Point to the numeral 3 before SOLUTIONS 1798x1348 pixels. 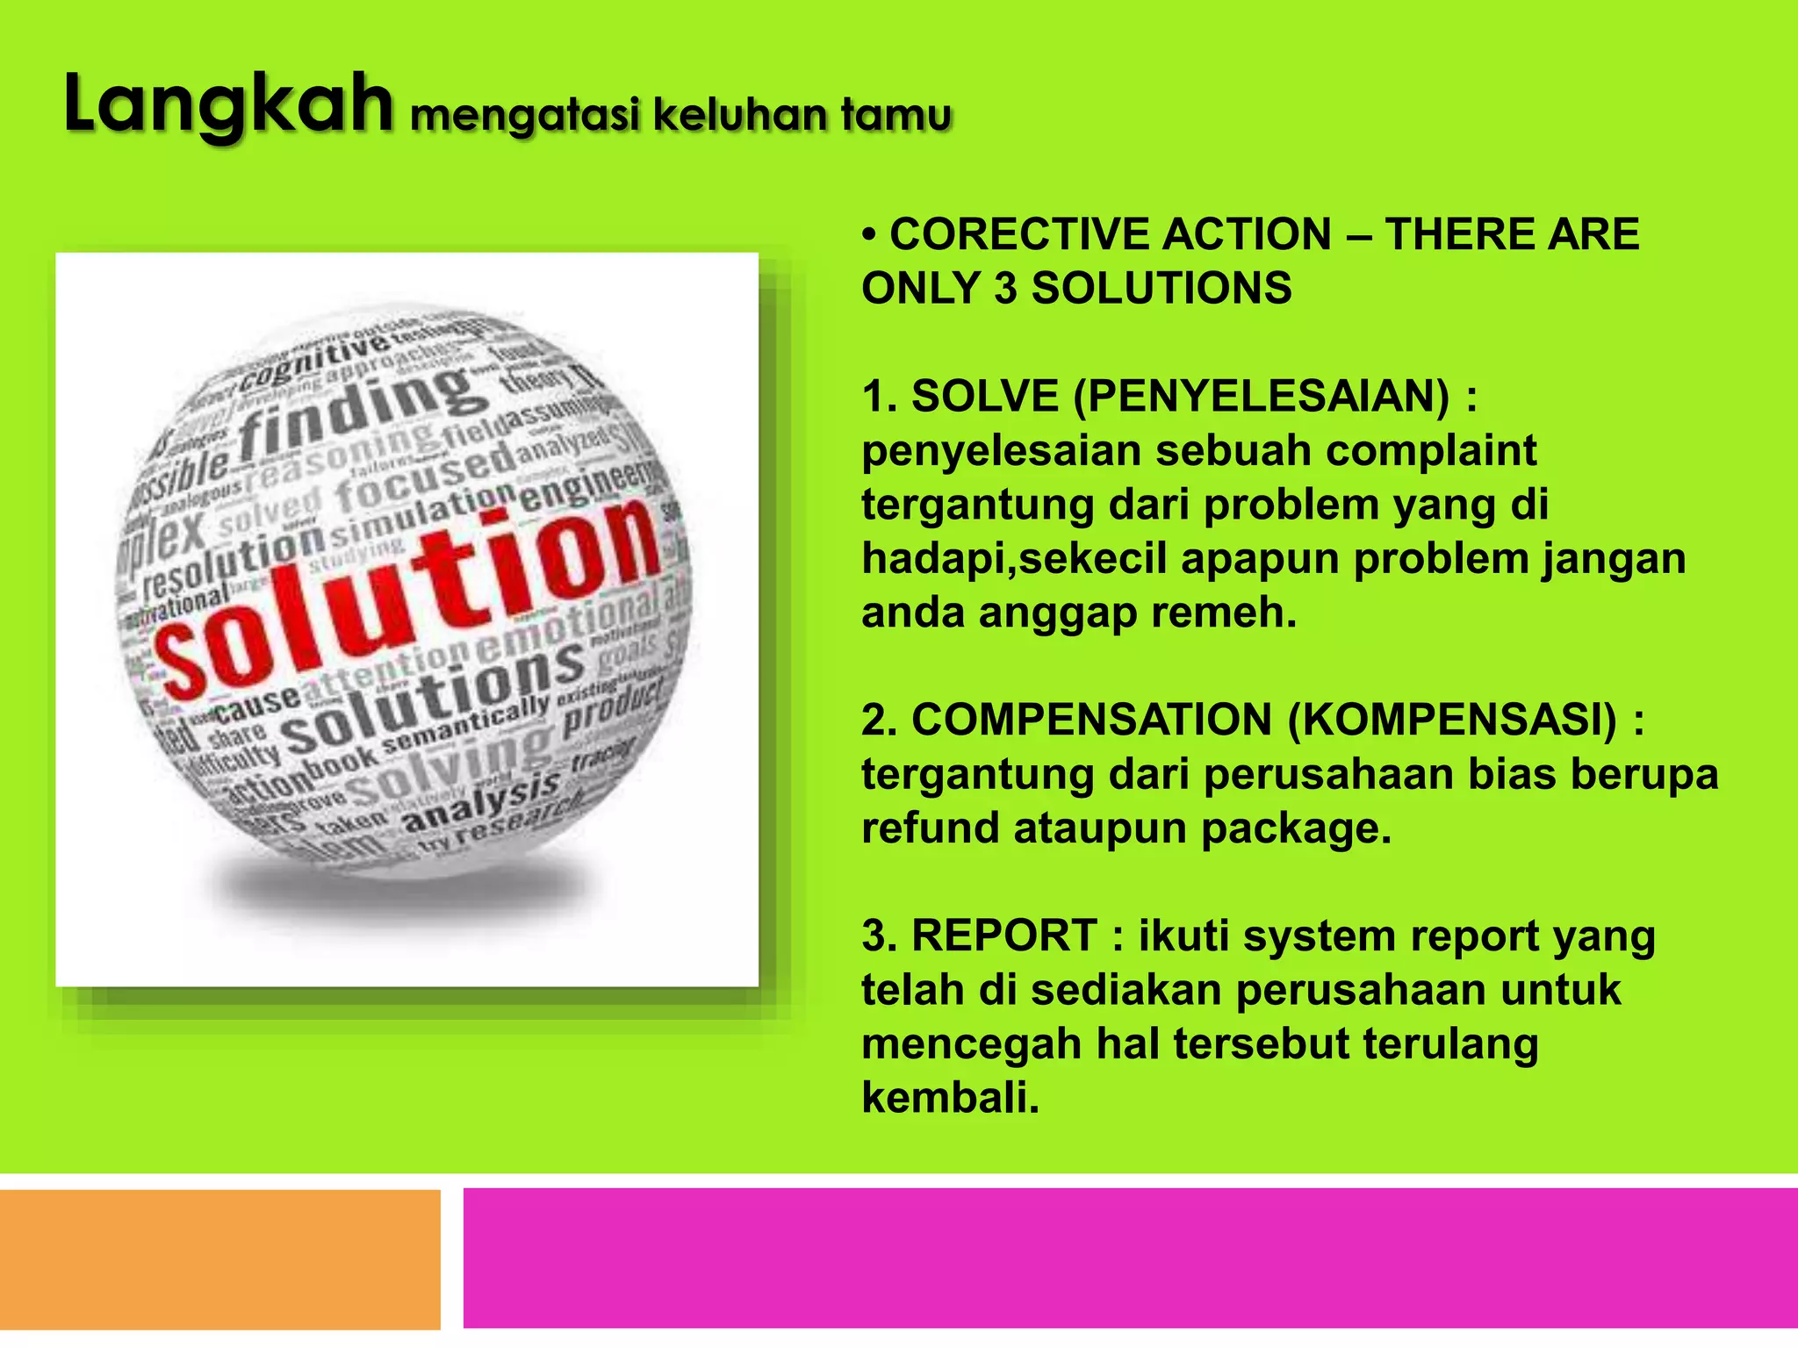(1004, 289)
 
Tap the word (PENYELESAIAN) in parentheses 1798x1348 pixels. (1262, 397)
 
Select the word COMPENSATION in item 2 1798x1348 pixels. (1091, 721)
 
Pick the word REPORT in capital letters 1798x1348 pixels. (1004, 936)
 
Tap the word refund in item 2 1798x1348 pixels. (930, 828)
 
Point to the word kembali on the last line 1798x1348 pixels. (950, 1098)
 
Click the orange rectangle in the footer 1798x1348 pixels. (219, 1258)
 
